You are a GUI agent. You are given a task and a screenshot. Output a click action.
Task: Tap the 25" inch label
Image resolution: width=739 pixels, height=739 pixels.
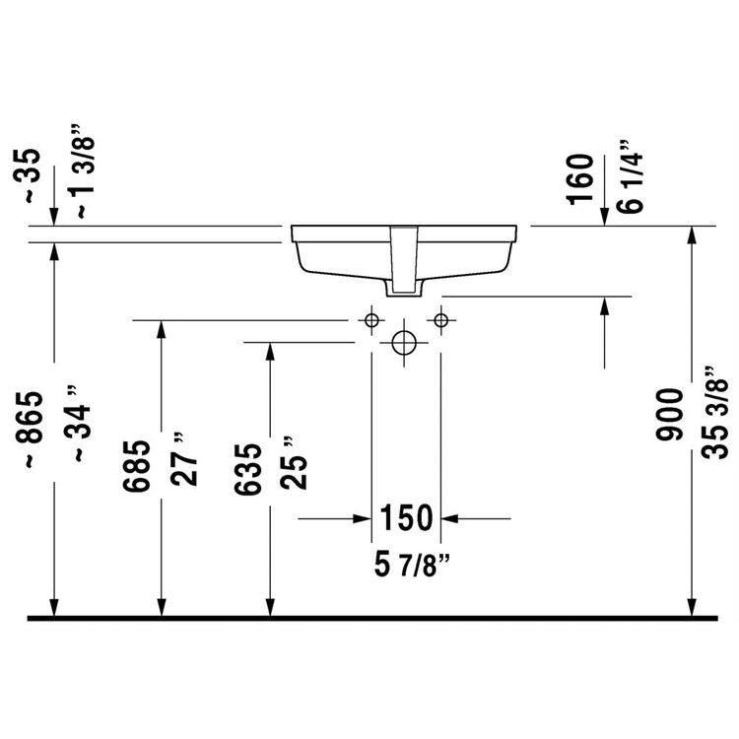coord(293,463)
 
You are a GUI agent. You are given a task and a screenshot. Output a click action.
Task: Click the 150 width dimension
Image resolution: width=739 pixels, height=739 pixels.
coord(405,516)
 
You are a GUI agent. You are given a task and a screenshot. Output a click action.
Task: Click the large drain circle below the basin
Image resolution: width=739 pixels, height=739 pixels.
coord(405,343)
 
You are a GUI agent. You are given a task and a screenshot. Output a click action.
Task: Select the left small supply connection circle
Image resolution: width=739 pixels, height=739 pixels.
coord(371,319)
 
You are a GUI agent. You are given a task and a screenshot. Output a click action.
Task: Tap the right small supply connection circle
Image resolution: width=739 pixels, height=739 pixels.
coord(440,319)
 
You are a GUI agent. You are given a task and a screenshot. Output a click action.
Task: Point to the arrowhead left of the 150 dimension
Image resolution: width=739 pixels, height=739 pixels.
coord(361,517)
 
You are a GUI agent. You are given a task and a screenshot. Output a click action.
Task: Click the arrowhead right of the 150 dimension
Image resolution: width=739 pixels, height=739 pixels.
coord(451,517)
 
